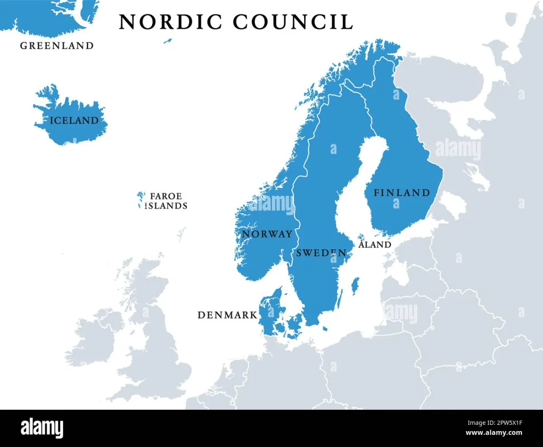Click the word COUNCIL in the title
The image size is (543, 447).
coord(293,22)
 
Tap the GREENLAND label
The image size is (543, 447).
coord(57,45)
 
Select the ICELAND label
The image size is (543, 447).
coord(74,120)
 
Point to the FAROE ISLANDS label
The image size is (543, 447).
coord(166,201)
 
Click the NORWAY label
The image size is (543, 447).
coord(267,234)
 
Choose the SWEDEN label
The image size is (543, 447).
coord(321,253)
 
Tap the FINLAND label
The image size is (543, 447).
coord(401,193)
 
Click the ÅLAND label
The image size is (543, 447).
coord(375,245)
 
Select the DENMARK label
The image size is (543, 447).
coord(227,315)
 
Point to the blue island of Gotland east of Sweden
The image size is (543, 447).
coord(356,286)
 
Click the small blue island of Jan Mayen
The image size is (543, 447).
coord(167,41)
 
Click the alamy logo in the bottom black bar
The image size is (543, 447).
coord(42,428)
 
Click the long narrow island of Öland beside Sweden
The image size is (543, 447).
coord(341,298)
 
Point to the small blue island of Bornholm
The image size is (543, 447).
coord(325,328)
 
